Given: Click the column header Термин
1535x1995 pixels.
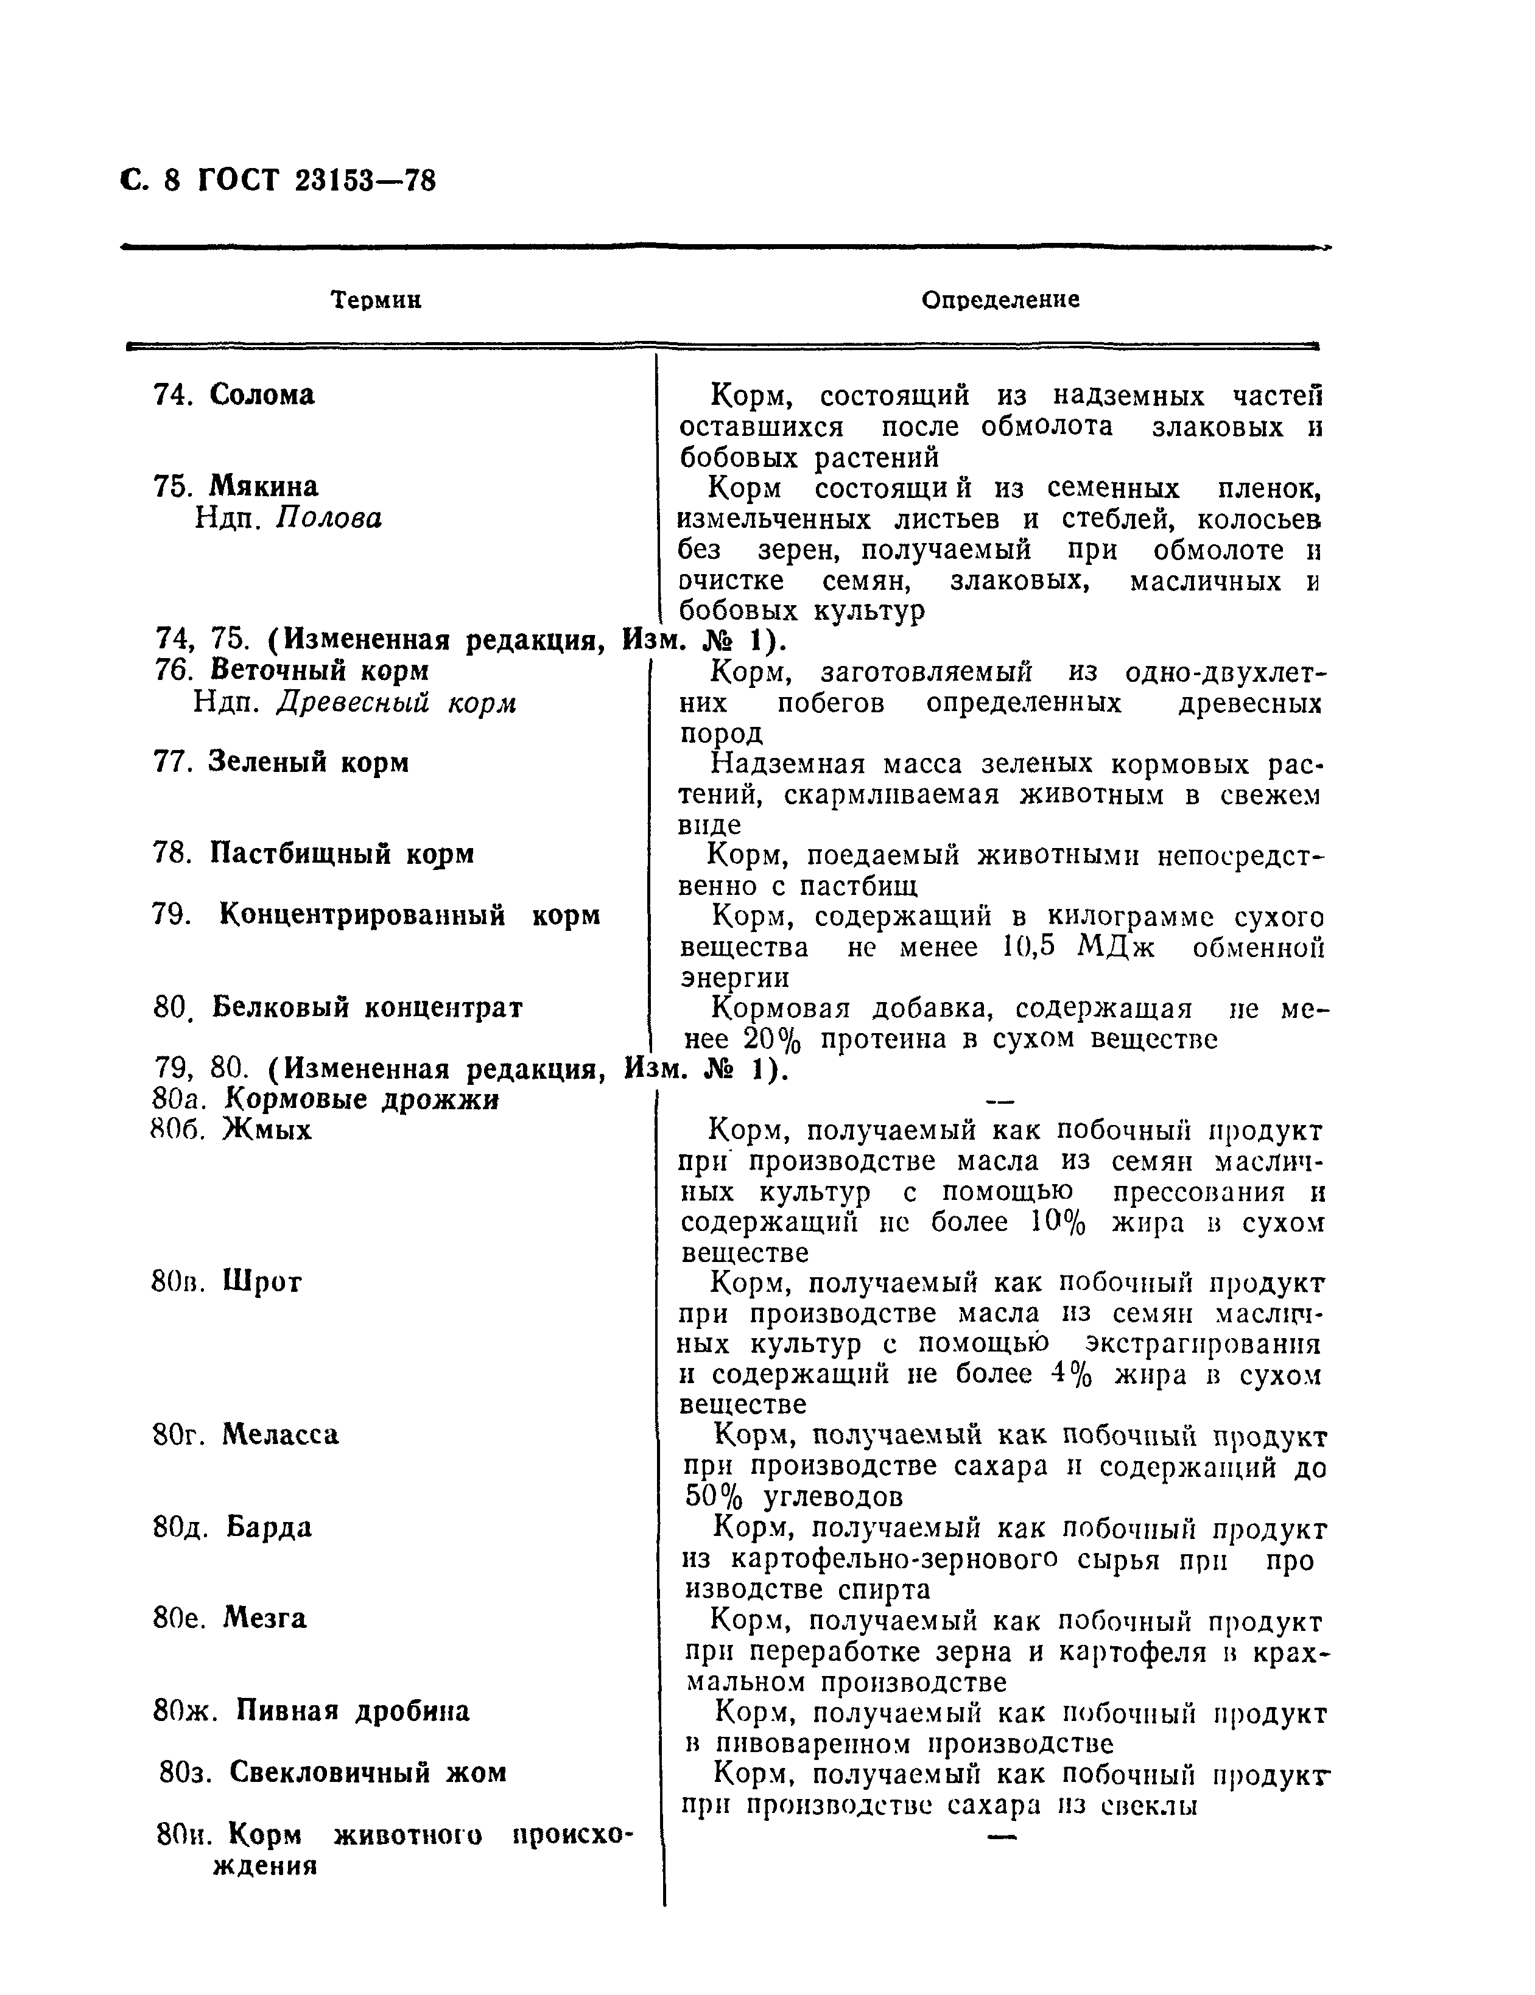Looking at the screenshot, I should click(x=376, y=300).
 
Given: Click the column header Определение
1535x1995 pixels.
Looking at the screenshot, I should click(x=1000, y=300).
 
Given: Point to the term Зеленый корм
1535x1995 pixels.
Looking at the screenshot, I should click(x=308, y=761).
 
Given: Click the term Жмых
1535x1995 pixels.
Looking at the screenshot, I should click(x=267, y=1130).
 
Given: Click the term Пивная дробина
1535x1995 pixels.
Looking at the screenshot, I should click(x=353, y=1710).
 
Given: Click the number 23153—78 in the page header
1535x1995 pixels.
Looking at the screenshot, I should click(x=365, y=181).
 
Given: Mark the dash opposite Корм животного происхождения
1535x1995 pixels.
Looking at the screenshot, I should click(x=1002, y=1837).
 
